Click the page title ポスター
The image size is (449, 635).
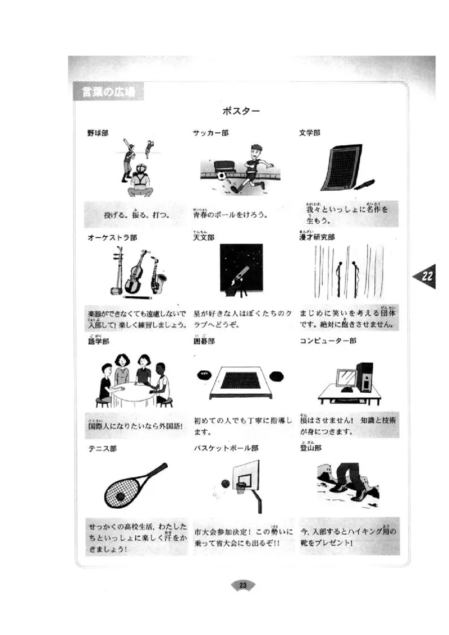tap(241, 111)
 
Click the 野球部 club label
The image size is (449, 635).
tap(98, 134)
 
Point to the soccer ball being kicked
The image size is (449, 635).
tap(222, 176)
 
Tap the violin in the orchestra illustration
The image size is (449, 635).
tap(135, 274)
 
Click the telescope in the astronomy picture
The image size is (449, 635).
tap(238, 277)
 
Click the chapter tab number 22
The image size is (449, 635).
tap(427, 276)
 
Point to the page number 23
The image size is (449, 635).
tap(243, 586)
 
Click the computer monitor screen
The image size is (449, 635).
tap(345, 377)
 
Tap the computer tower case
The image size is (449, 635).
tap(364, 376)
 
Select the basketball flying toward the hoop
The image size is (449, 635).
tap(225, 484)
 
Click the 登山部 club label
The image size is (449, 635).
tap(310, 448)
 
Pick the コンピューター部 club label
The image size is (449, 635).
tap(328, 341)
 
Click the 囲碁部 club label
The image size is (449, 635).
tap(204, 341)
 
